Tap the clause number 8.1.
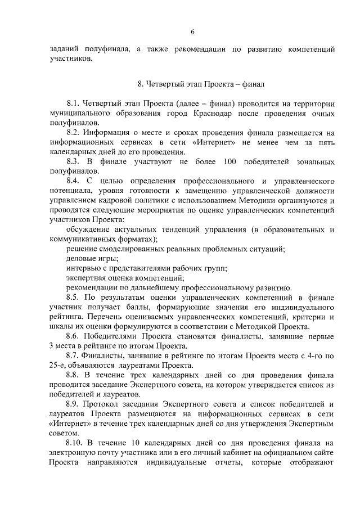coord(73,104)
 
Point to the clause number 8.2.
coord(73,133)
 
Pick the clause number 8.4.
coord(73,181)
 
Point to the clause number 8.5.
coord(73,297)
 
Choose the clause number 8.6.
coord(73,336)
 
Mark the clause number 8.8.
coord(73,375)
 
